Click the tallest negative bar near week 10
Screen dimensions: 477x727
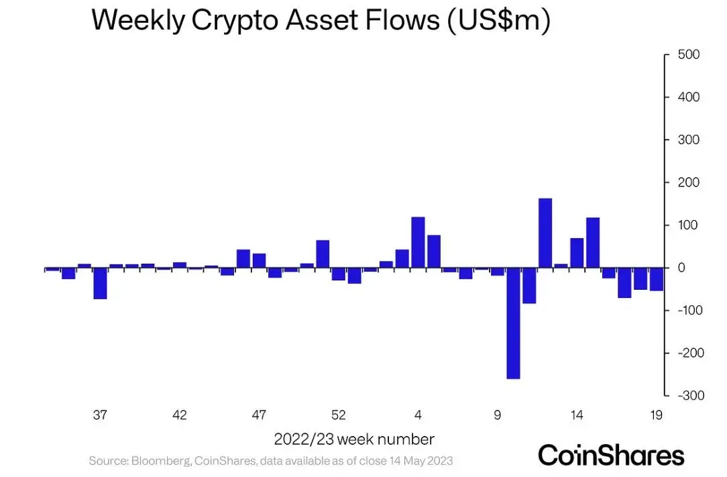click(513, 323)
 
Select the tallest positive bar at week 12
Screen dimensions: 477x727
click(545, 233)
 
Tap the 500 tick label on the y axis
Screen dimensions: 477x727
click(689, 54)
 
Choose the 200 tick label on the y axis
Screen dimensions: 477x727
click(689, 182)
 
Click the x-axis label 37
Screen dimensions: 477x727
click(100, 415)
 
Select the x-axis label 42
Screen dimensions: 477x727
click(179, 415)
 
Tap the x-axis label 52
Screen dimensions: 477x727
click(339, 415)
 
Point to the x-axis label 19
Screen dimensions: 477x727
click(657, 415)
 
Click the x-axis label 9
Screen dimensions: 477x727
click(498, 415)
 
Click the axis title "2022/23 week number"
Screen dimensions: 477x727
click(354, 439)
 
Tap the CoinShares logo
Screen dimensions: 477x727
click(611, 455)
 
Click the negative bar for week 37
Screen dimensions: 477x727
click(100, 283)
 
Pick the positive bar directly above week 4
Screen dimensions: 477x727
click(418, 242)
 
